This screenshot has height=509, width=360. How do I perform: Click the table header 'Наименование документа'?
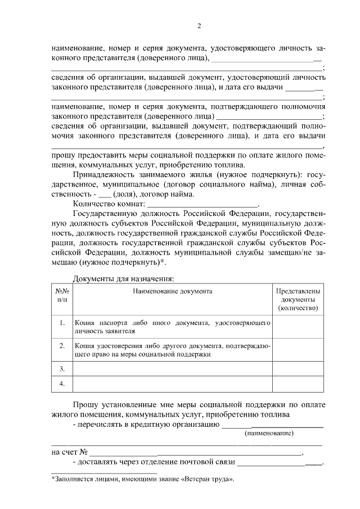(x=173, y=291)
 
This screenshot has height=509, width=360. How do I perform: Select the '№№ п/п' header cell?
(x=62, y=295)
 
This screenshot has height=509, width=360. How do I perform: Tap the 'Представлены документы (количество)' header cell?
(x=298, y=299)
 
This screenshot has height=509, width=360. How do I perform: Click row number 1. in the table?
(x=62, y=323)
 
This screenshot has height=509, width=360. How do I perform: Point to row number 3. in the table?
(x=62, y=368)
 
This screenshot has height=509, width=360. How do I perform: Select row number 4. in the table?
(x=62, y=384)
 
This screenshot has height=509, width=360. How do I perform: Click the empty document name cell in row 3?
(x=173, y=369)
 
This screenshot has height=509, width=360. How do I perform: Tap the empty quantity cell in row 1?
(x=298, y=326)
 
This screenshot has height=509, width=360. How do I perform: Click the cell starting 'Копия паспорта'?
(x=173, y=327)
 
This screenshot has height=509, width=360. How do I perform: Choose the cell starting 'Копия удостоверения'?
(x=173, y=349)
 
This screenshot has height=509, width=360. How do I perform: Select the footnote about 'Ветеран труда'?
(x=142, y=479)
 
